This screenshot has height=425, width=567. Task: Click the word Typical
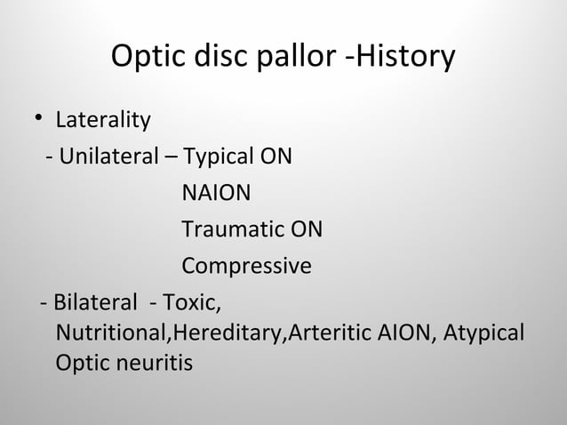(x=216, y=159)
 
